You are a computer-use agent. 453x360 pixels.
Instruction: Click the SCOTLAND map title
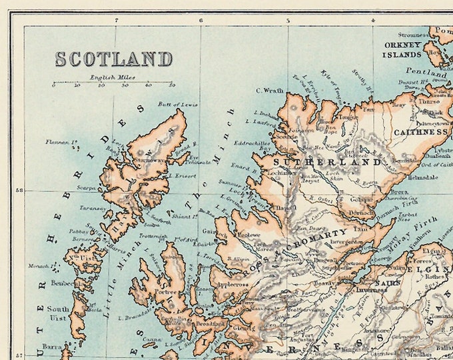click(113, 59)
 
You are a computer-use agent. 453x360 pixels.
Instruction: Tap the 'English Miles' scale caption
click(113, 77)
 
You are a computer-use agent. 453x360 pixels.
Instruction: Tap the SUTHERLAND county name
click(326, 161)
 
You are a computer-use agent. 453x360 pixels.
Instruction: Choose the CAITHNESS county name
click(420, 132)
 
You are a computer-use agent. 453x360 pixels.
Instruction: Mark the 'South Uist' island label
click(58, 314)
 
